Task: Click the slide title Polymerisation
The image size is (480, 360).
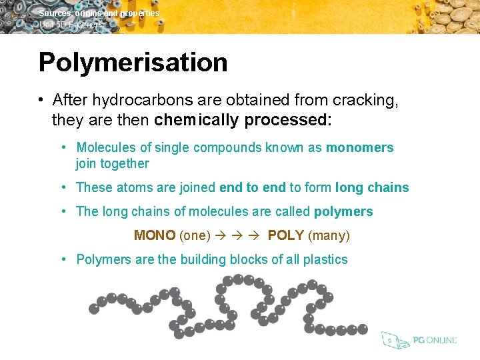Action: [x=133, y=63]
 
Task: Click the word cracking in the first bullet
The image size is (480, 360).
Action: [x=365, y=100]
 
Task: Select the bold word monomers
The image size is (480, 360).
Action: [x=359, y=147]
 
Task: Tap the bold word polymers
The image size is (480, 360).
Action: [x=343, y=211]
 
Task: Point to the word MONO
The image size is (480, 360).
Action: [x=155, y=235]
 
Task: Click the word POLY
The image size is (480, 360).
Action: [x=286, y=235]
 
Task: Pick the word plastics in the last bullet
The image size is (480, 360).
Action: [x=325, y=259]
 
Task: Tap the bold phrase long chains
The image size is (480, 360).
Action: [x=372, y=187]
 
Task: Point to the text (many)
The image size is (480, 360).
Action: [x=329, y=235]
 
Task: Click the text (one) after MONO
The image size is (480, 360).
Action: [x=195, y=235]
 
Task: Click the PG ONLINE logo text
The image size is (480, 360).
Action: [x=435, y=340]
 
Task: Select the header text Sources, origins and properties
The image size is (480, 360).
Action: [x=99, y=13]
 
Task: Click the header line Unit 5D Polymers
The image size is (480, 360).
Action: [x=71, y=25]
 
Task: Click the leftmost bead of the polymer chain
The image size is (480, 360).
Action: [x=94, y=309]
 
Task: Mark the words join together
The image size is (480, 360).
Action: [x=113, y=163]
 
